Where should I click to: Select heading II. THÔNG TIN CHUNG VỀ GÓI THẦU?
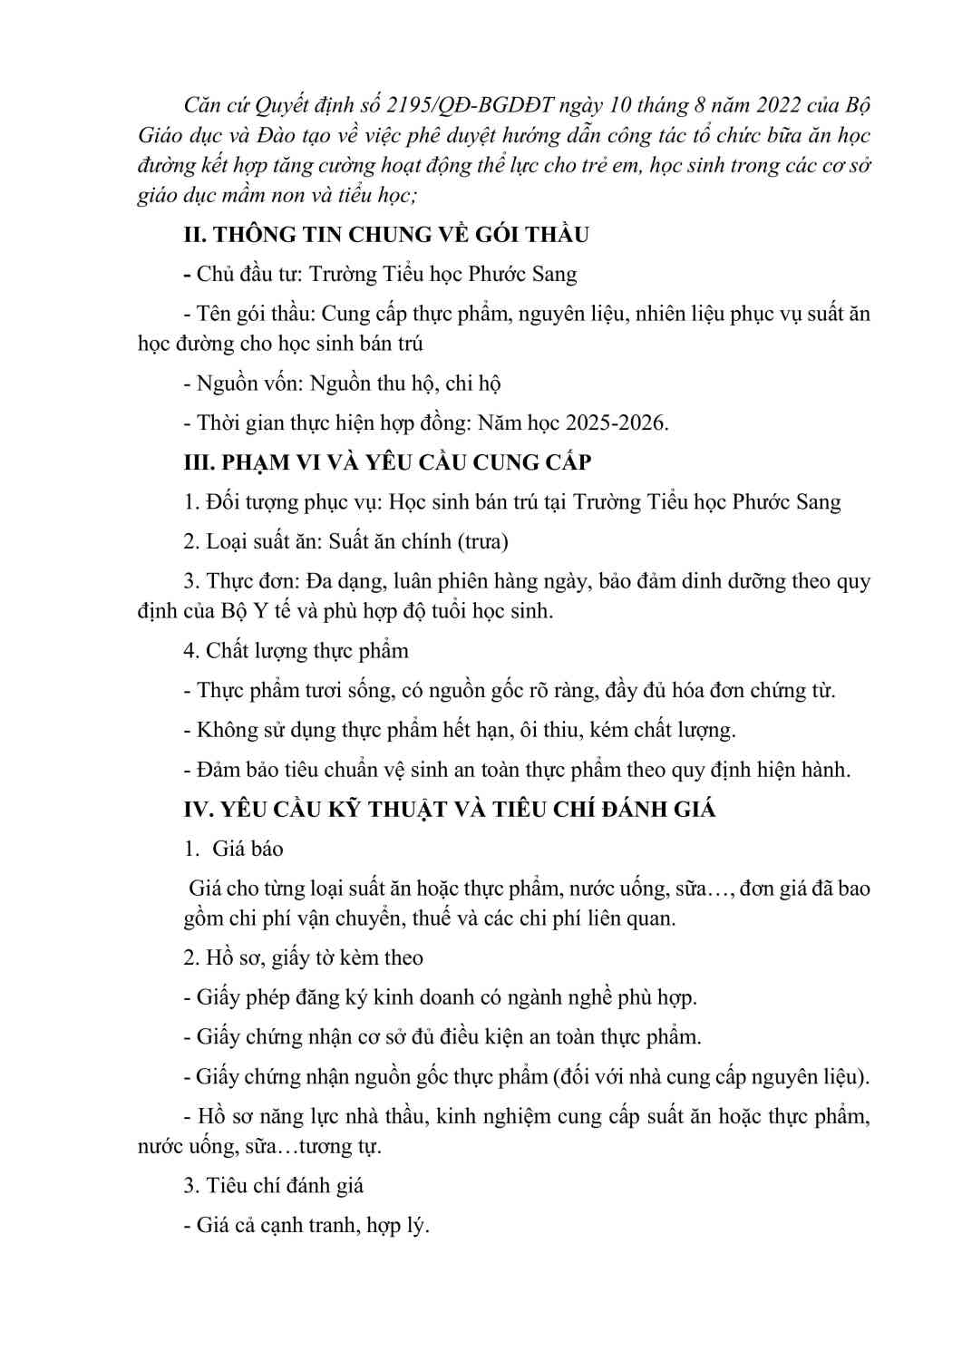point(385,234)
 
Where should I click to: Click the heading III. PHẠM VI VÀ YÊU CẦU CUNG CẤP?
point(387,461)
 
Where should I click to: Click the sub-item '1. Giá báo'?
point(233,849)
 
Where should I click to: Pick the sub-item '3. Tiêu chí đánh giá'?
point(273,1185)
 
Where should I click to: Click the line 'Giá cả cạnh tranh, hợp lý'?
point(306,1225)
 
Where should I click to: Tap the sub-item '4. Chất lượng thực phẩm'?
point(296,650)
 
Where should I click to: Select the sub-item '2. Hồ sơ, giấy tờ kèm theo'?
point(303,957)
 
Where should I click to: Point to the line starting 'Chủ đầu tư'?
point(380,274)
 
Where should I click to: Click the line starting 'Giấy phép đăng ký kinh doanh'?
point(440,997)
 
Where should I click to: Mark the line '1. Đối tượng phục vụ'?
point(511,501)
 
